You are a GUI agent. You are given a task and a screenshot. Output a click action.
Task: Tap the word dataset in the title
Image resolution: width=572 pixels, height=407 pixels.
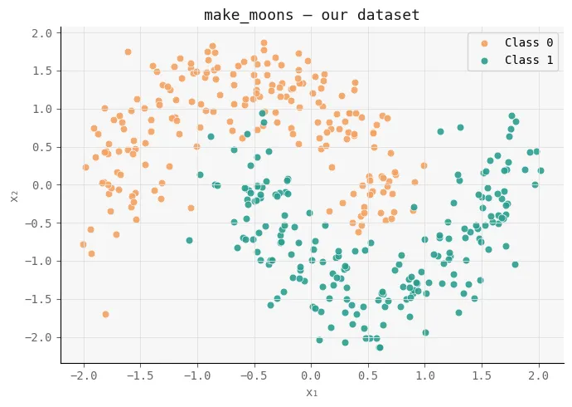392,15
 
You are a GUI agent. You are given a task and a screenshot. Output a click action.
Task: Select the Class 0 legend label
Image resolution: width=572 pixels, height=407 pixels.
529,42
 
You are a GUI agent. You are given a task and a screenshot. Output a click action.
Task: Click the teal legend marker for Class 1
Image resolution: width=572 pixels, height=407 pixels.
484,60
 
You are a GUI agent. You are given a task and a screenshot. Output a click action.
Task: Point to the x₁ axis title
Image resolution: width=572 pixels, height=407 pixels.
312,392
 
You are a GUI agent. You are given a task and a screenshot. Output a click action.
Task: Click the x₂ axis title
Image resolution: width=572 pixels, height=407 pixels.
14,195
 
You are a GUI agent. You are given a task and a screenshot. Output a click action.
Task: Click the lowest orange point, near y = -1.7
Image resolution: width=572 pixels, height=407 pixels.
105,314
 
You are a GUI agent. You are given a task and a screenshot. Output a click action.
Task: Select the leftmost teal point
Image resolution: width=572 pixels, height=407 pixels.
189,240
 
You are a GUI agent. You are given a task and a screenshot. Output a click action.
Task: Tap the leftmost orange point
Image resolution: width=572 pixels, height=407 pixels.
83,244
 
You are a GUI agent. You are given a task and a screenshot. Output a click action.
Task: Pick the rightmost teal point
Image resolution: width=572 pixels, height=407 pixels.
540,170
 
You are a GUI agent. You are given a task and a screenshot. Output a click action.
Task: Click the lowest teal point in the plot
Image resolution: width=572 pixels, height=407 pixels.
380,347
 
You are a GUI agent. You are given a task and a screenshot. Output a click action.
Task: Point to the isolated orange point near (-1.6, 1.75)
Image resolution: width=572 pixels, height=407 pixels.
128,51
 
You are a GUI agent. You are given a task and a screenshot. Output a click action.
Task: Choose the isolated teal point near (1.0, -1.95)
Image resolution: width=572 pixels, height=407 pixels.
425,332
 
